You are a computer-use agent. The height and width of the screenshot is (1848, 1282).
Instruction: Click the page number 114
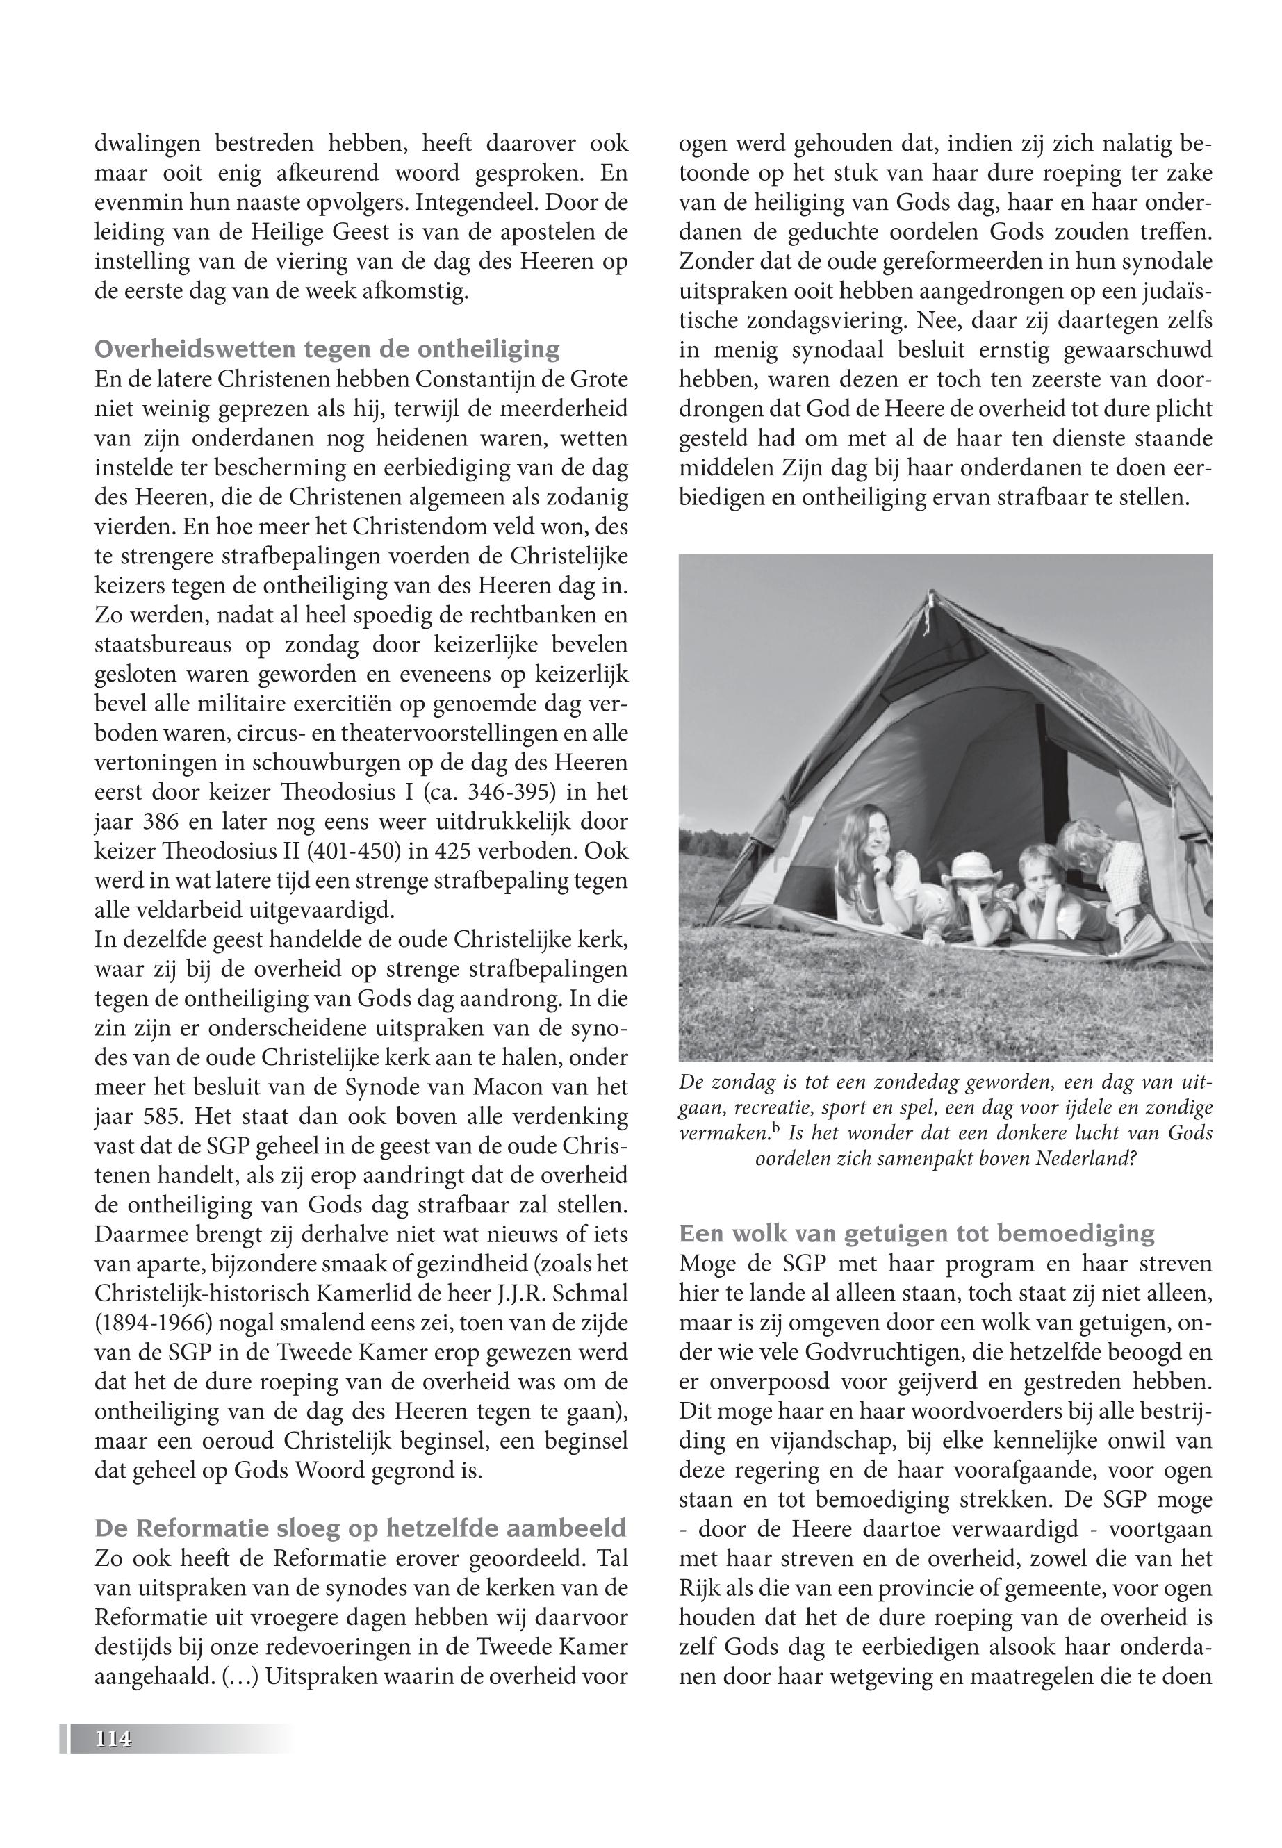[113, 1738]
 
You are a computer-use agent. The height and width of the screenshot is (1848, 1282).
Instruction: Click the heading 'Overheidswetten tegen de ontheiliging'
[327, 349]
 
